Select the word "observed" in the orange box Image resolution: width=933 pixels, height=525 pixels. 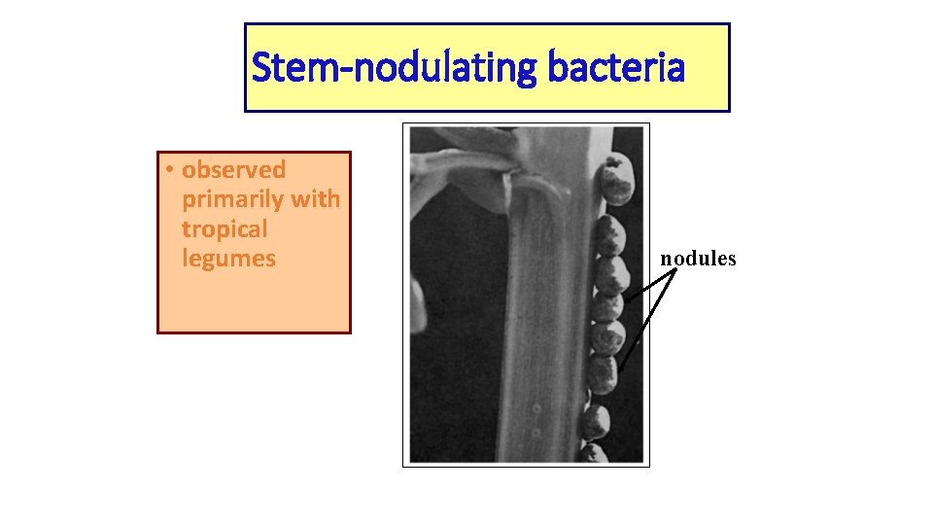(234, 170)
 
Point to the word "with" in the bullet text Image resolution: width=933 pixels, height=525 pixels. (315, 199)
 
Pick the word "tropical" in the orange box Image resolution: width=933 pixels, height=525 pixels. (224, 229)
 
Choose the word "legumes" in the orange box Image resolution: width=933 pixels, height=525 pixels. (228, 259)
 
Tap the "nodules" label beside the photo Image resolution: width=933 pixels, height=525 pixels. (698, 259)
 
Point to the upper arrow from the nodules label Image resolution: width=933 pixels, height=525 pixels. (651, 286)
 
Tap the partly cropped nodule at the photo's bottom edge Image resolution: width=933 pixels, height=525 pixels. (594, 453)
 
